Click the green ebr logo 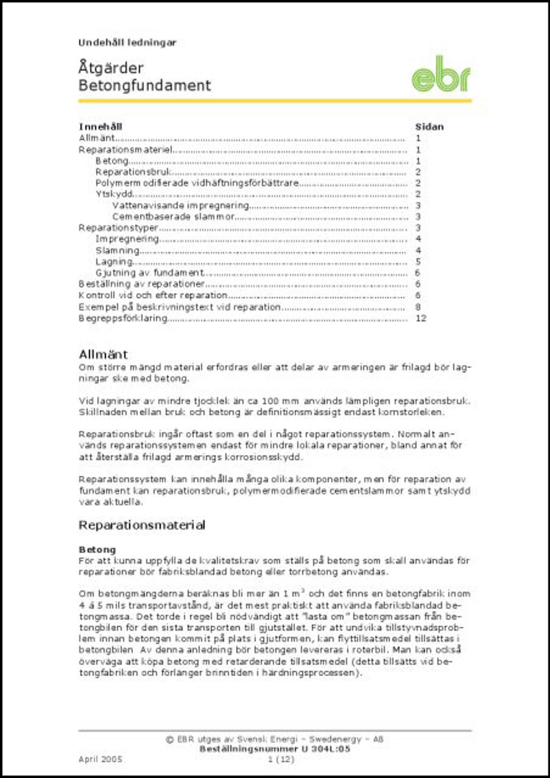[x=441, y=75]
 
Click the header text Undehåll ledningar [x=127, y=43]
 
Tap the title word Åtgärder [x=111, y=67]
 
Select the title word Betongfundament [x=144, y=85]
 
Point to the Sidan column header [x=429, y=127]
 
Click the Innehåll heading [x=101, y=127]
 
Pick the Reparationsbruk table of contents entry [x=133, y=172]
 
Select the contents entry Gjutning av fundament [x=150, y=273]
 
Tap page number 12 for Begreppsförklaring [x=420, y=318]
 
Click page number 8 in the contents [x=418, y=307]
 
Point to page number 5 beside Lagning [x=418, y=262]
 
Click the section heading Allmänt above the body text [x=103, y=354]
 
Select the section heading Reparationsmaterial [x=142, y=525]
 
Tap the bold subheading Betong [x=97, y=550]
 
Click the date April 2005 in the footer [x=100, y=759]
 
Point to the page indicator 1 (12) [x=280, y=759]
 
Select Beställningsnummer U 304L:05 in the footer [x=275, y=749]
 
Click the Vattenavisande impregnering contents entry [x=180, y=205]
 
